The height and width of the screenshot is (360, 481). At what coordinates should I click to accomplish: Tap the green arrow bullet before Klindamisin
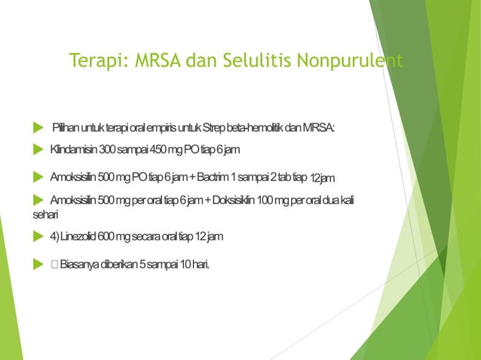[x=38, y=150]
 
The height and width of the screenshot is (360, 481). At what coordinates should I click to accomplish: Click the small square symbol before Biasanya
[x=54, y=264]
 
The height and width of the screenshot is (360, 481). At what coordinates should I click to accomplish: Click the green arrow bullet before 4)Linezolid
[x=38, y=236]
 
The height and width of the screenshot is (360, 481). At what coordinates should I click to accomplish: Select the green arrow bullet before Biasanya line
[x=38, y=264]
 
